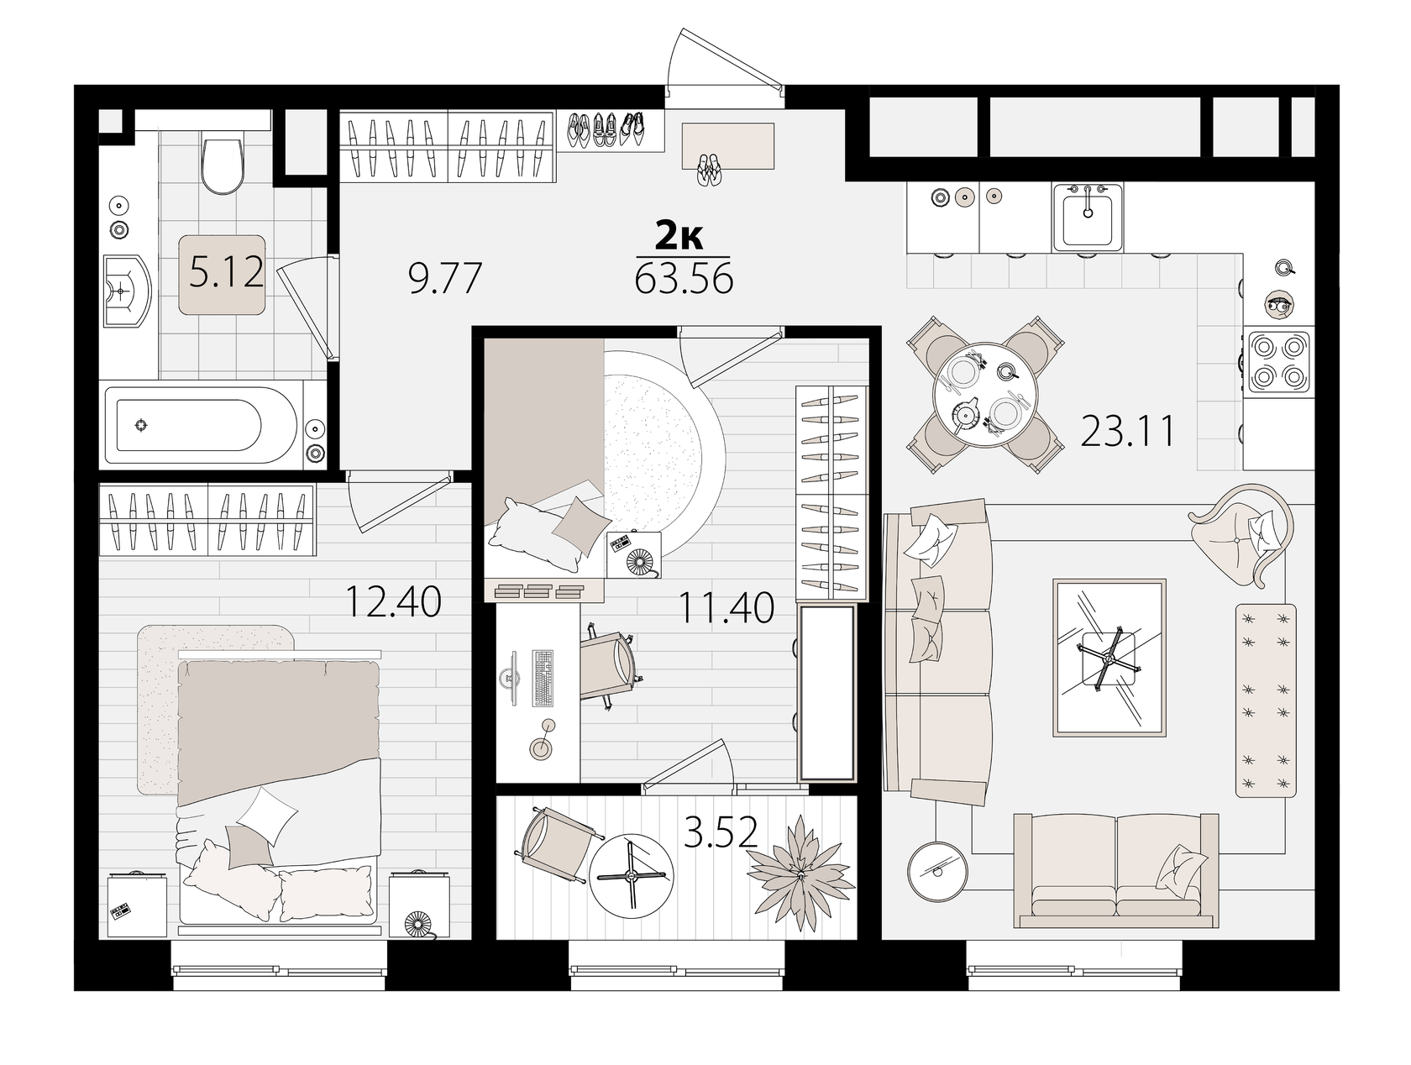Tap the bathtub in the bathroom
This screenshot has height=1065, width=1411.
[201, 424]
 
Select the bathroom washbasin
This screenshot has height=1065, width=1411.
[127, 291]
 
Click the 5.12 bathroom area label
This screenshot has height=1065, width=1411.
[226, 272]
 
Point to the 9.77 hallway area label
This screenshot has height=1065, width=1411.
[445, 278]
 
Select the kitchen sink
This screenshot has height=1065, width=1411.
[1088, 217]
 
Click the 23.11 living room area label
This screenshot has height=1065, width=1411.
[1127, 431]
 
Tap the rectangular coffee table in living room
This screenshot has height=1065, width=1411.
[1109, 657]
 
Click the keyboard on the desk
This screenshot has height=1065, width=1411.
[543, 678]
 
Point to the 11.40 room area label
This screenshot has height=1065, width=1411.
[726, 608]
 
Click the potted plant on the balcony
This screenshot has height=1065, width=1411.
[800, 873]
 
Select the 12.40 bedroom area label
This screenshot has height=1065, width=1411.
[393, 601]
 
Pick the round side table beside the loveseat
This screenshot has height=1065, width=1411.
[937, 871]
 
